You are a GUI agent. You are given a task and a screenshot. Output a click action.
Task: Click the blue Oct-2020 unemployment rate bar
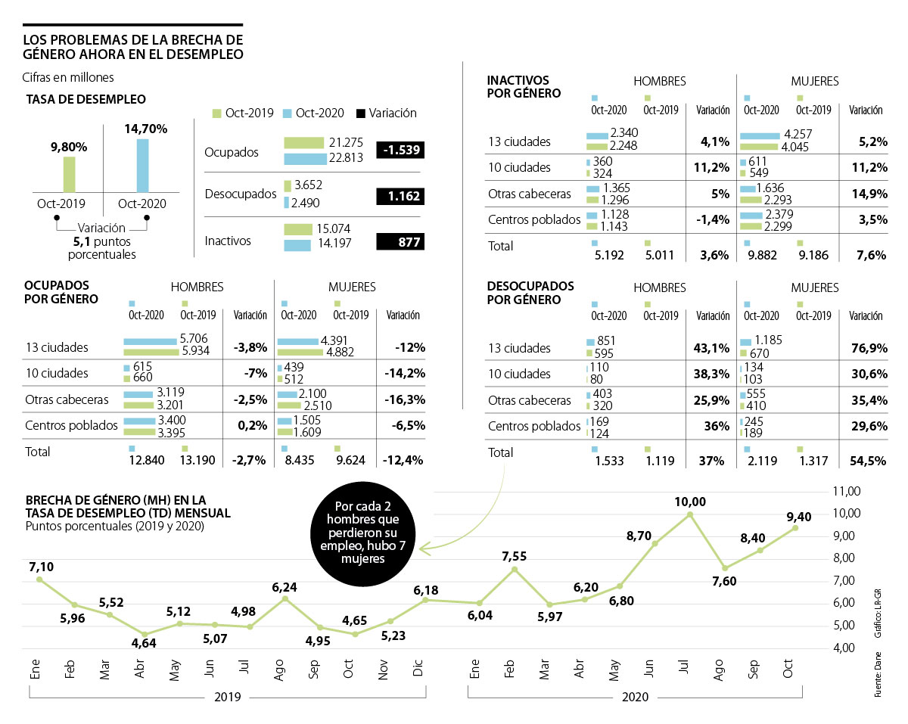[142, 166]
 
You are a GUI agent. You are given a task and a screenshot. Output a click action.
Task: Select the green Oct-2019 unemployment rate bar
[69, 175]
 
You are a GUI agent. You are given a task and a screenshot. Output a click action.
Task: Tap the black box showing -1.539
[400, 151]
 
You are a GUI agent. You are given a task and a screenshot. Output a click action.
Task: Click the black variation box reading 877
[400, 242]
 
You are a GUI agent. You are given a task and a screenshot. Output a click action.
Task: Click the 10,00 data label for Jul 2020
[690, 502]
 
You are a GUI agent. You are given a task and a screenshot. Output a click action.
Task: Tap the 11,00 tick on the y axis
[846, 491]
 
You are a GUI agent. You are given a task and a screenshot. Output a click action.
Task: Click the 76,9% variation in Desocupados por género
[868, 348]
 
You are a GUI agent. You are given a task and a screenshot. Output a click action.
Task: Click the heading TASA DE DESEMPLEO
[86, 99]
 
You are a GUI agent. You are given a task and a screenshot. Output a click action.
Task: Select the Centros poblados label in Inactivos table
[535, 219]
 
